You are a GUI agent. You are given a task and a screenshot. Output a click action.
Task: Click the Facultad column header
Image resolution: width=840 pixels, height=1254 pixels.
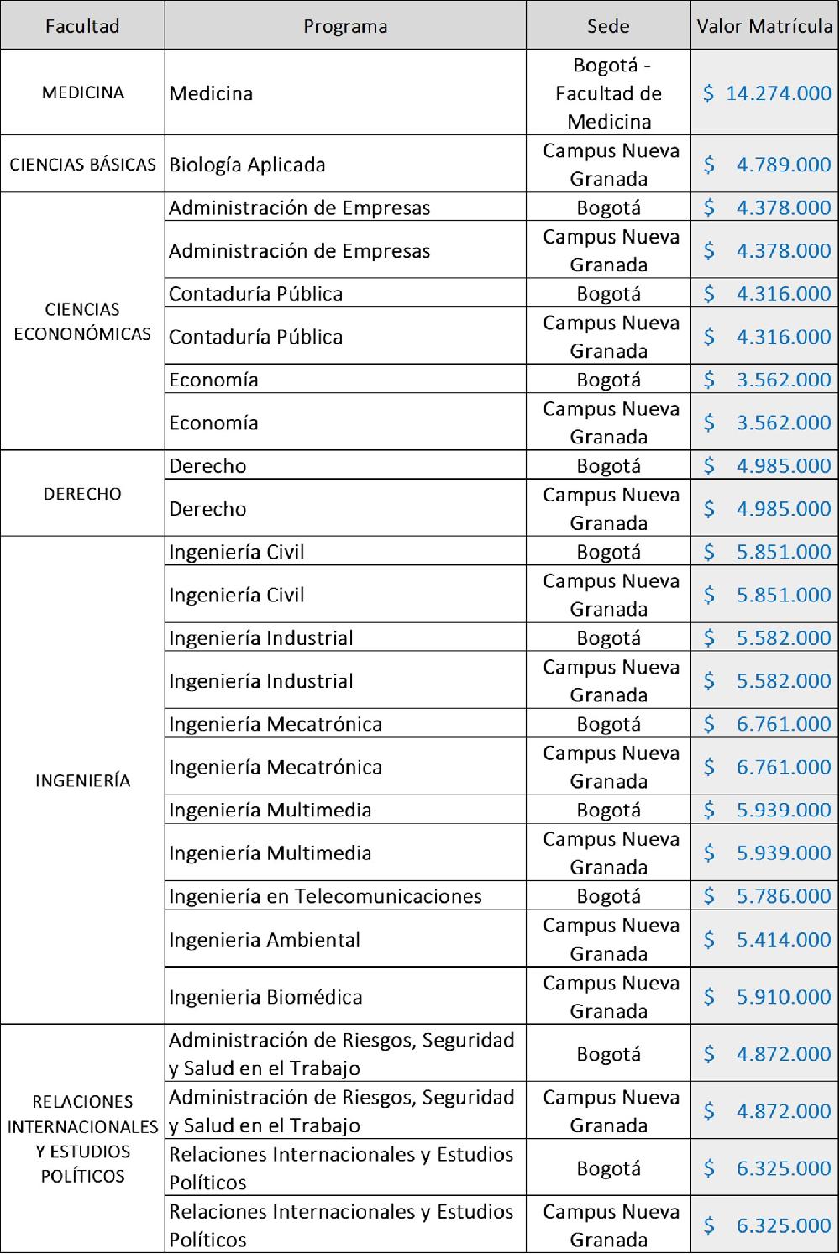82,26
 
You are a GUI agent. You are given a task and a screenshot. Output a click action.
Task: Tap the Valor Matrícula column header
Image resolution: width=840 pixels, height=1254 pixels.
764,26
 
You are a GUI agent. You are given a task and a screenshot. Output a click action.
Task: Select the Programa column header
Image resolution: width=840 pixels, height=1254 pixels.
345,26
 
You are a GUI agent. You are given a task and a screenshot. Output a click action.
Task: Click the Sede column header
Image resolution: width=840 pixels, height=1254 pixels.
608,26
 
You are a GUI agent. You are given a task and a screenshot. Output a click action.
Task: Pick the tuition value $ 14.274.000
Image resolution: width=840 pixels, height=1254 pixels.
767,93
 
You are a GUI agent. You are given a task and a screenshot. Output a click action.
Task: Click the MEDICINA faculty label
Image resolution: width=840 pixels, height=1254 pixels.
82,92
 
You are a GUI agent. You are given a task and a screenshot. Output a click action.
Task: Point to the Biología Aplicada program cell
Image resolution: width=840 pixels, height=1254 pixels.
247,165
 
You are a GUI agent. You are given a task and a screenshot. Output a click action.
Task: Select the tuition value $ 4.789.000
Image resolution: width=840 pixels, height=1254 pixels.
767,165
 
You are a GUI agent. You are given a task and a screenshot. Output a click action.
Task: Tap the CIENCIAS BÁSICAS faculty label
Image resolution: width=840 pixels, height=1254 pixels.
82,165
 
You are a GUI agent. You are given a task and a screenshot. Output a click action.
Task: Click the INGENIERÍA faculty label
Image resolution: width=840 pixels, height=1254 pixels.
82,781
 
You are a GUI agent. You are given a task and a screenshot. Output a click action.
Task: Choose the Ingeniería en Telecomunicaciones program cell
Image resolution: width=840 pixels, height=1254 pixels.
325,896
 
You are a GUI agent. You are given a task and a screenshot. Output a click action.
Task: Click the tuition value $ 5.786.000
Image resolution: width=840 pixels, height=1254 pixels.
767,896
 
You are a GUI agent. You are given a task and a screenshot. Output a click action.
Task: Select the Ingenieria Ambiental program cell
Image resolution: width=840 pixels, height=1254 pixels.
265,939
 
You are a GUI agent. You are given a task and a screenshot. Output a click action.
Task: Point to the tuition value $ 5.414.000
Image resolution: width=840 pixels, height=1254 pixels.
767,939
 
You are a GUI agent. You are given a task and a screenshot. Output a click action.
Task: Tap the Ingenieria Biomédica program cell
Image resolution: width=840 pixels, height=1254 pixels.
265,997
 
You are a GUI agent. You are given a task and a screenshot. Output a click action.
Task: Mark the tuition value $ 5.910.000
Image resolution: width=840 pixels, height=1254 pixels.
767,997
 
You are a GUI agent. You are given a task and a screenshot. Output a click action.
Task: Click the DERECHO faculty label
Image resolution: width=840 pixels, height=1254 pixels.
82,494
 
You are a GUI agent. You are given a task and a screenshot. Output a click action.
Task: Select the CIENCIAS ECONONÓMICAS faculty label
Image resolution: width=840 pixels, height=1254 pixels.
82,322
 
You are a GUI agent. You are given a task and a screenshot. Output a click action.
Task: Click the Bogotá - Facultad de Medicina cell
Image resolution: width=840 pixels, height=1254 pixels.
608,93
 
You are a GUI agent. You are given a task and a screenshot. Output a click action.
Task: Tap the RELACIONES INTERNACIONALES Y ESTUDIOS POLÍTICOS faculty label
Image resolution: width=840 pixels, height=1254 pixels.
82,1138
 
